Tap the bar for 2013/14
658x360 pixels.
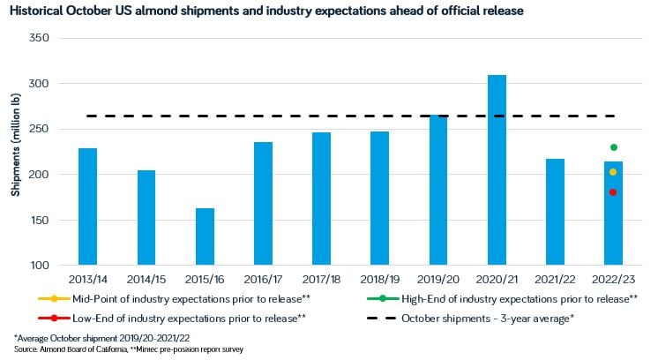click(x=88, y=206)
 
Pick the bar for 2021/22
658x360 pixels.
click(x=555, y=212)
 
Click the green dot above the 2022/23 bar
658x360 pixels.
click(x=613, y=147)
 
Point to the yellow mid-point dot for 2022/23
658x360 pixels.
click(x=613, y=172)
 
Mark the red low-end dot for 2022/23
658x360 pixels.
click(x=613, y=192)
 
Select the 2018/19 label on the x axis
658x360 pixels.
click(x=380, y=279)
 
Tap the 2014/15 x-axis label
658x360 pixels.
click(x=146, y=279)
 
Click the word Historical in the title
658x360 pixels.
click(x=39, y=11)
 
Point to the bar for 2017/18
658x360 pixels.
click(x=322, y=199)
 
